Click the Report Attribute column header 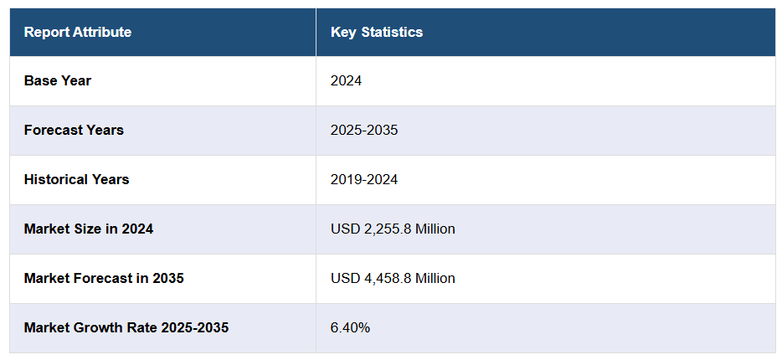[77, 33]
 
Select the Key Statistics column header [377, 33]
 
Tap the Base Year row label [58, 81]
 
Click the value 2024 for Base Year [347, 81]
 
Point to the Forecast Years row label [74, 131]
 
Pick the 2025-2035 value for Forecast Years [364, 131]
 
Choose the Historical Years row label [76, 180]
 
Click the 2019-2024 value [364, 180]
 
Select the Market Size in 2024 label [89, 229]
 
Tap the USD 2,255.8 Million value [393, 229]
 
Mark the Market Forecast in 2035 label [104, 278]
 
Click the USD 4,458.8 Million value [393, 278]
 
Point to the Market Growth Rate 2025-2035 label [126, 327]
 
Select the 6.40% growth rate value [350, 327]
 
